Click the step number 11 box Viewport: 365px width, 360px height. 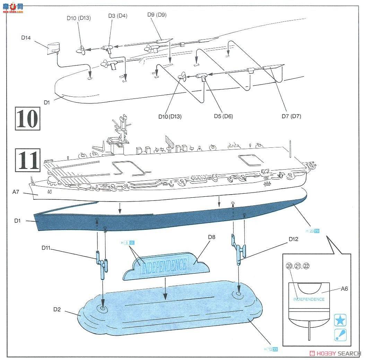(28, 160)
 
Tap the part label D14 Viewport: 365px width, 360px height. (26, 38)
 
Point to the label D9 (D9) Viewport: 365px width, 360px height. (156, 15)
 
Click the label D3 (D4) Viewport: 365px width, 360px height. (118, 16)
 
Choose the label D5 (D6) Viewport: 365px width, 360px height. (223, 116)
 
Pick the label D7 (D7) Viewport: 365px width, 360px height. (291, 116)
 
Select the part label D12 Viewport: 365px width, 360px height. (293, 239)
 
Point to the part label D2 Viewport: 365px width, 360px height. (57, 310)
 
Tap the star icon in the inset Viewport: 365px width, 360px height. (340, 320)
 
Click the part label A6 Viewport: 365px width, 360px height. (344, 288)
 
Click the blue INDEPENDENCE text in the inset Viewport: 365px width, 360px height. (309, 299)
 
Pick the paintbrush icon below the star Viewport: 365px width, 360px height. (340, 335)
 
